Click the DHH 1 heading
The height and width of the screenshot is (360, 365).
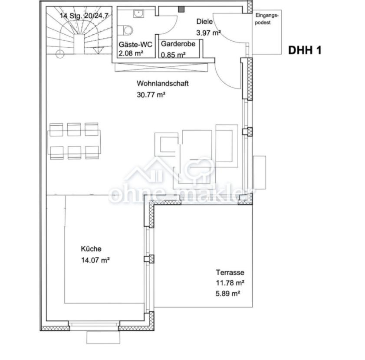pos(305,50)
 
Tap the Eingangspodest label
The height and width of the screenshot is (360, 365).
pos(266,19)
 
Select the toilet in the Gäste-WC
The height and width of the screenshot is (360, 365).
pos(126,30)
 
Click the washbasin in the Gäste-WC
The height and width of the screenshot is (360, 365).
pos(138,13)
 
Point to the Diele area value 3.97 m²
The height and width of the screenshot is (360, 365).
pos(208,33)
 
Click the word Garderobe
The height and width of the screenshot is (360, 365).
pos(178,43)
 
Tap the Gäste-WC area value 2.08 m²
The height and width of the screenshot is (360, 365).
pos(131,53)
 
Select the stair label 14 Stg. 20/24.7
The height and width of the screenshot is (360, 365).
pos(84,16)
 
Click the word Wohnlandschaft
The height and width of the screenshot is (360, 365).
pos(162,83)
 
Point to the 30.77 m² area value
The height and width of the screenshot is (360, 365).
pos(151,95)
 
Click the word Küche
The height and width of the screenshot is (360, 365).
pos(91,249)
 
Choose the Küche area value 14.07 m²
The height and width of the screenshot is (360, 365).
pos(95,260)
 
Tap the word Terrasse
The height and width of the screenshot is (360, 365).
pos(230,272)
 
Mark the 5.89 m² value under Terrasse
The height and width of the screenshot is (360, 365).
pos(228,294)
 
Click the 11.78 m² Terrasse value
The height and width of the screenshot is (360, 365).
pos(230,283)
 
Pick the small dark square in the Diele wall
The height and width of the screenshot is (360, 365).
pos(181,9)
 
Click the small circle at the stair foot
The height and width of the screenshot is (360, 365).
pos(60,54)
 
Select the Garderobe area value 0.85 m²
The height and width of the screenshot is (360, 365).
pos(173,55)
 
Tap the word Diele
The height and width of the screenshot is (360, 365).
pos(204,21)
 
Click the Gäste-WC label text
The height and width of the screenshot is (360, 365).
pos(135,44)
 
